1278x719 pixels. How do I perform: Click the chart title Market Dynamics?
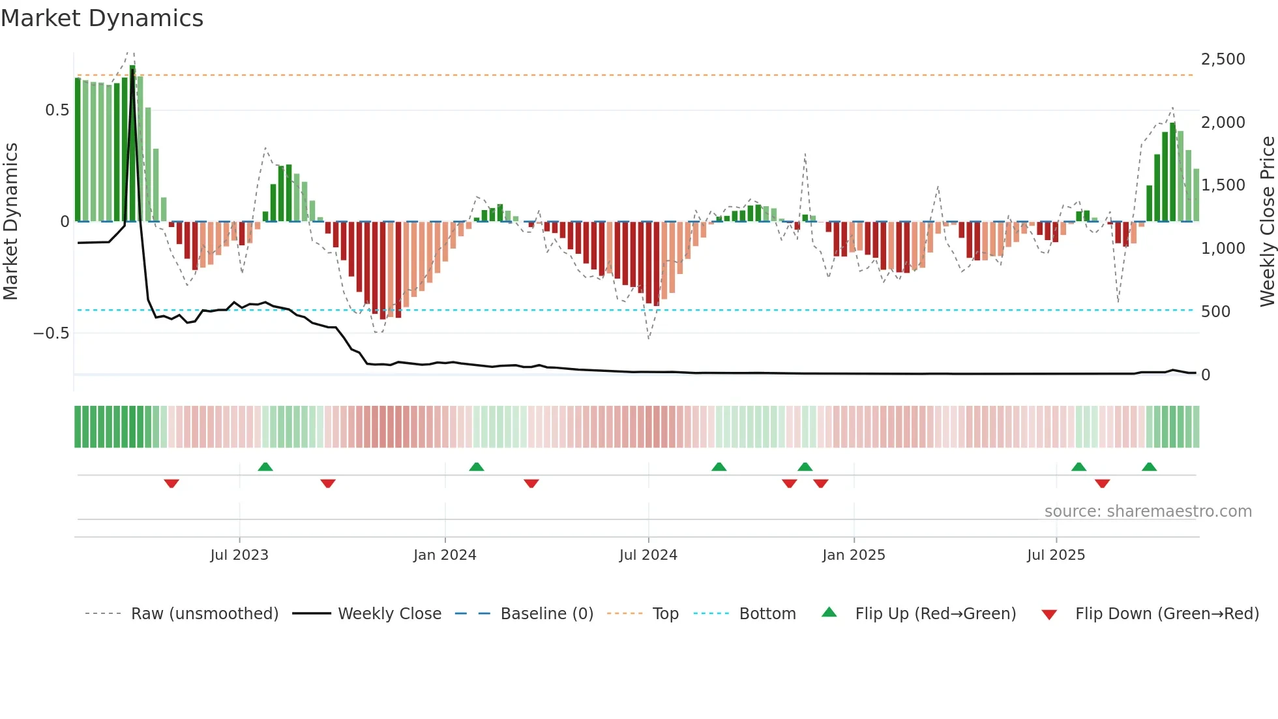tap(102, 18)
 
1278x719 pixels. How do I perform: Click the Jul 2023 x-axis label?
tap(239, 555)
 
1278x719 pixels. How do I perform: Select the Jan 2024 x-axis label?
tap(445, 555)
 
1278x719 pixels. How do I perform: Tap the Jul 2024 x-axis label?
tap(648, 555)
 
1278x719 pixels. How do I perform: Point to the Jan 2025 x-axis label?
tap(854, 555)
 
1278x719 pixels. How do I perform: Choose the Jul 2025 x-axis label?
tap(1056, 555)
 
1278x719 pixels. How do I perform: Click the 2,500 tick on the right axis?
tap(1223, 59)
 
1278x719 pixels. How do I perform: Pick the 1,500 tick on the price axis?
tap(1223, 185)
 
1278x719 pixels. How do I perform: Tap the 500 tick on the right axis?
tap(1215, 312)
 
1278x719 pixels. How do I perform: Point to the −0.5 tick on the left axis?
tap(52, 333)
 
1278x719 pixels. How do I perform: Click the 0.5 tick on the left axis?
tap(57, 110)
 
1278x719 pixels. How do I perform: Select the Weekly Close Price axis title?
tap(1267, 221)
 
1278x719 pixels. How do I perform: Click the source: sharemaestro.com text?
tap(1148, 512)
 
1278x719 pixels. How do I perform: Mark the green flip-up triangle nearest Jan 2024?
tap(477, 467)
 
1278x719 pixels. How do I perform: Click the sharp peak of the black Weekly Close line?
tap(132, 70)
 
